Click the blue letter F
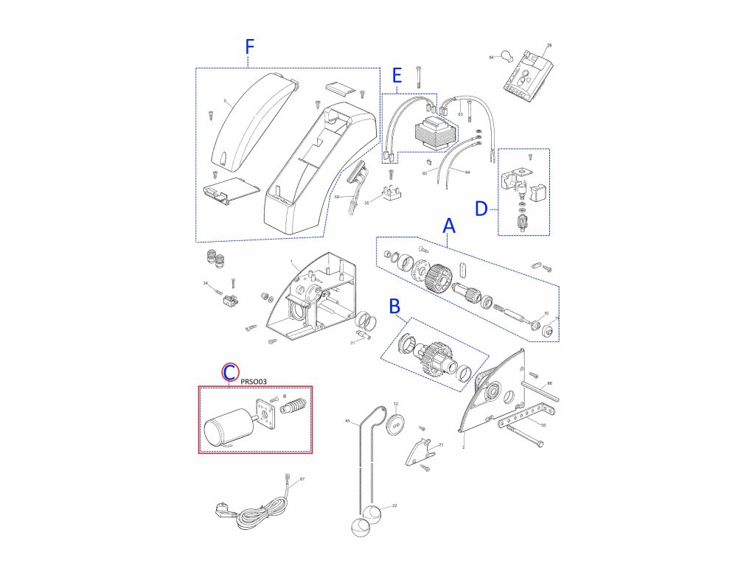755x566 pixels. tap(249, 46)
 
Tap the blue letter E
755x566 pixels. tap(397, 75)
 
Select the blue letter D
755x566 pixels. tap(481, 209)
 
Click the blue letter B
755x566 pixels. tap(394, 304)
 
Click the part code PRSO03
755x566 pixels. tap(254, 381)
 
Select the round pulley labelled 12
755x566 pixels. tap(395, 424)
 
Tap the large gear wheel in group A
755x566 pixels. tap(439, 278)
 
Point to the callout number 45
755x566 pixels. tap(348, 420)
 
